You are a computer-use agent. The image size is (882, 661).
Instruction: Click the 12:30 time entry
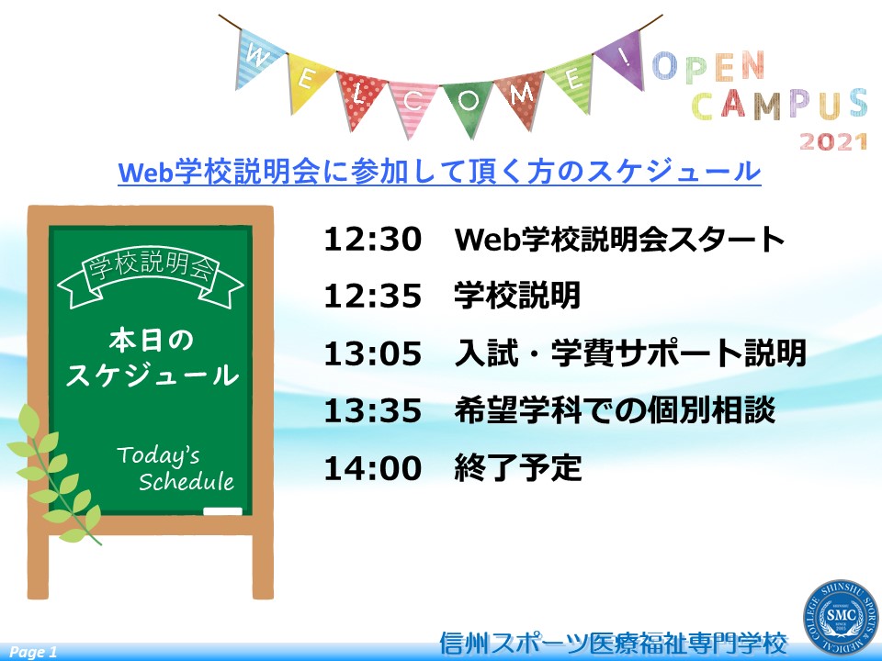(x=372, y=239)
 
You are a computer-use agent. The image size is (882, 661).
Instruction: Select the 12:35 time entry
(x=372, y=296)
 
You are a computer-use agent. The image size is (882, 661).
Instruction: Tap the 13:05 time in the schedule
(x=372, y=353)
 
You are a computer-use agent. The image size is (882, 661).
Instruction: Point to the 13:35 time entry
(x=372, y=410)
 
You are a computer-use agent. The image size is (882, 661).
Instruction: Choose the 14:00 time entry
(x=372, y=468)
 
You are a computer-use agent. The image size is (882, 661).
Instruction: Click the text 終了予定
(x=517, y=467)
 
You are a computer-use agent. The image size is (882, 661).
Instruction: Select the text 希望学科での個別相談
(x=615, y=409)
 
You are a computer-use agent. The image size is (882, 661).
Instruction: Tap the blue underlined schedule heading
(x=439, y=171)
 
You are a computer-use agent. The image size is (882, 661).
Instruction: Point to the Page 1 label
(x=33, y=652)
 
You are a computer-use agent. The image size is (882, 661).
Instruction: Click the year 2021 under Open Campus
(x=833, y=141)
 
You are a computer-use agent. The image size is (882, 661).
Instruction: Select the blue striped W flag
(x=257, y=57)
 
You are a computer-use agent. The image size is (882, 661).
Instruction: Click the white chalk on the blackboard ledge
(x=222, y=511)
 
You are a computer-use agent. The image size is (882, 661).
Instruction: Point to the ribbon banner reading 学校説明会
(x=151, y=276)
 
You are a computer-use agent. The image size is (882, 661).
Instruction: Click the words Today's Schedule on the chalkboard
(x=175, y=468)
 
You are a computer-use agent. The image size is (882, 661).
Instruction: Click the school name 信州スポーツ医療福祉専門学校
(x=614, y=643)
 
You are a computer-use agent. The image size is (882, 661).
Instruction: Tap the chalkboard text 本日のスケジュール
(x=152, y=358)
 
